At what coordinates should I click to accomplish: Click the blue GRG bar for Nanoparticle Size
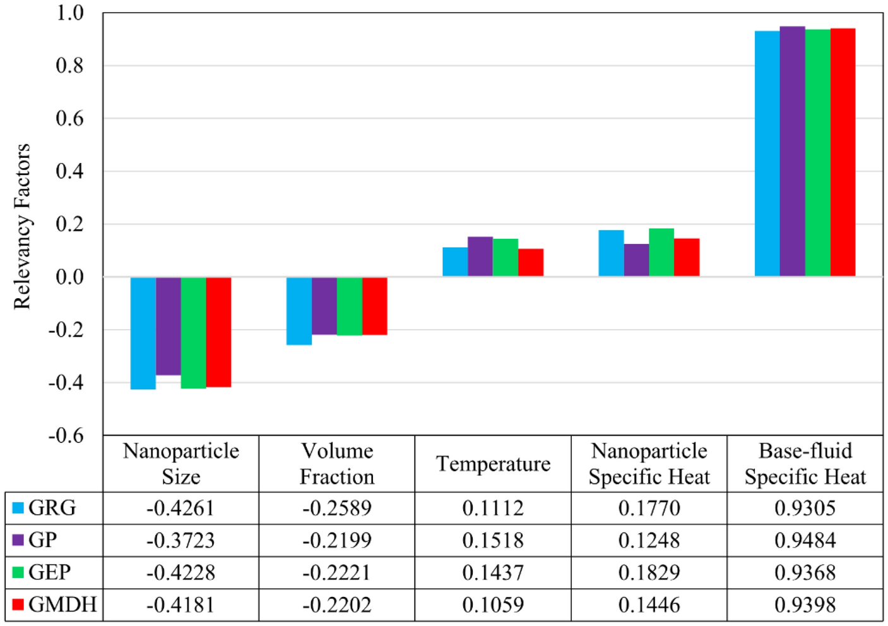pos(143,333)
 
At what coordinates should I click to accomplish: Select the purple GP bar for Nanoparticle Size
pos(169,326)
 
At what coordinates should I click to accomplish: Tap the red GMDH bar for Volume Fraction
pos(374,306)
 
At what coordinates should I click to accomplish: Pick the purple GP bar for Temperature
pos(480,256)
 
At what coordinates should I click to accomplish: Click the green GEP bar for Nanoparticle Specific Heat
pos(661,253)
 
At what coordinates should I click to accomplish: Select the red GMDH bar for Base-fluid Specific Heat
pos(843,152)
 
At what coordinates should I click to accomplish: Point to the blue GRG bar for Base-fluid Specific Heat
pos(767,153)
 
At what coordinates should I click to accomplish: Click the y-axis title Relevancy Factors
pos(22,226)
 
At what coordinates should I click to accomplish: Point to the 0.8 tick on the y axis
pos(69,66)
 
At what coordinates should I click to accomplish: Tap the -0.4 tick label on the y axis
pos(66,383)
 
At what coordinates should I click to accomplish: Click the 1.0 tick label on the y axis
pos(69,13)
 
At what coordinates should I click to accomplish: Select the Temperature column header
pos(493,464)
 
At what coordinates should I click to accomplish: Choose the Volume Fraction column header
pos(337,464)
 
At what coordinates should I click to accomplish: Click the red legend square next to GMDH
pos(18,605)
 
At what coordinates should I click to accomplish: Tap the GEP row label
pos(50,572)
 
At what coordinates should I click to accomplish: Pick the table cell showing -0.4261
pos(181,508)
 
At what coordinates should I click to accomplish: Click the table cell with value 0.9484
pos(805,540)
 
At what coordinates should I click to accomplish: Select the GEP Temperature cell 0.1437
pos(493,572)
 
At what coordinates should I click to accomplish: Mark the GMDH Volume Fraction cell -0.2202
pos(337,605)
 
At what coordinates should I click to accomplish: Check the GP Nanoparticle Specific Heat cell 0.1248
pos(649,540)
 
